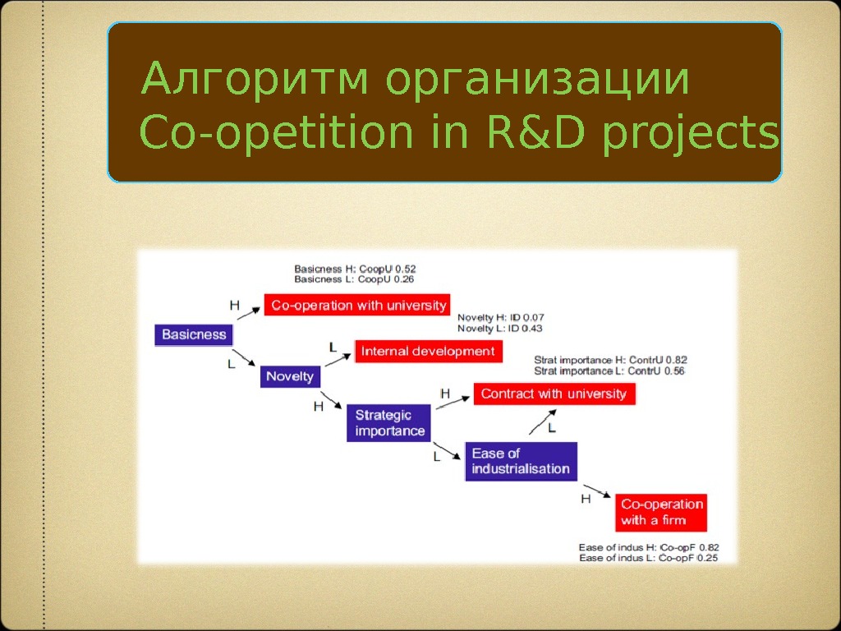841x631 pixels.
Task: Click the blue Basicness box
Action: [194, 334]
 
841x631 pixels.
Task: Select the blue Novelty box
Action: [289, 376]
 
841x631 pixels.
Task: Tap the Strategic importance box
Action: [389, 423]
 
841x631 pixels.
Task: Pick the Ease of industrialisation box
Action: [520, 461]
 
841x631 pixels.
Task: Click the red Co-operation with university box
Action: [358, 306]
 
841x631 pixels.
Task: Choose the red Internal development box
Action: [428, 352]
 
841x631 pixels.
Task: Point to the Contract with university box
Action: [554, 394]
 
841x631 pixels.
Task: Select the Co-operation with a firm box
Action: [661, 512]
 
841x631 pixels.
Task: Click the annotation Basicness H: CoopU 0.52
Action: [355, 269]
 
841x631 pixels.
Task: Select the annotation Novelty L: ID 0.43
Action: [500, 329]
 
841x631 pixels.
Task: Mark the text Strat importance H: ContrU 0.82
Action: [610, 359]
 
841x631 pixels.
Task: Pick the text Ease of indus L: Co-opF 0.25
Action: [648, 559]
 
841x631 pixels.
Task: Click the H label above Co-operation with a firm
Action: [586, 499]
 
